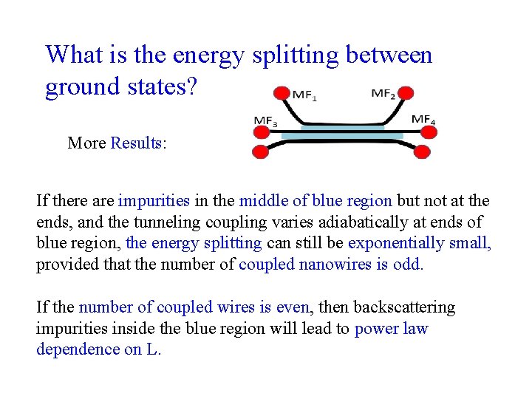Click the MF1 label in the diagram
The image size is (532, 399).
tap(304, 95)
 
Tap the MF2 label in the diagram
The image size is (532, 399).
tap(383, 94)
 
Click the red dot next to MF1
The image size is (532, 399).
tap(282, 93)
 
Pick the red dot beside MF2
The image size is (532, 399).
tap(405, 93)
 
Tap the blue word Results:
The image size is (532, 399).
tap(138, 143)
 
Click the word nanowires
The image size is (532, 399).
tap(334, 264)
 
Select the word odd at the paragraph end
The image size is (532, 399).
tap(409, 264)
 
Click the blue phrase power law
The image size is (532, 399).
tap(391, 328)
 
